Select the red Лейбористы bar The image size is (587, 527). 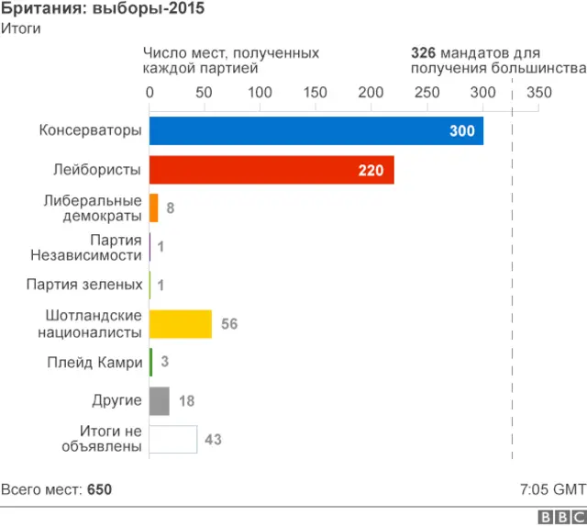(271, 170)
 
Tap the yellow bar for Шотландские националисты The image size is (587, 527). (180, 324)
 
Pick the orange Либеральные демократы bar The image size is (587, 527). (153, 208)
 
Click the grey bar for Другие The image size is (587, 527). (159, 401)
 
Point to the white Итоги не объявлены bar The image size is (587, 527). (172, 440)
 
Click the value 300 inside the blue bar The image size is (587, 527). (462, 131)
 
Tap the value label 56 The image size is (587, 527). (229, 324)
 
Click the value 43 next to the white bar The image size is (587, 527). (213, 440)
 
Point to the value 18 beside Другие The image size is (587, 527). (186, 401)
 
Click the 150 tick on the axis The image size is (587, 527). (316, 93)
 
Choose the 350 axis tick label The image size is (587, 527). (539, 93)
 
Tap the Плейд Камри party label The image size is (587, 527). (95, 363)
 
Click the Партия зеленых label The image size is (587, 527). (84, 286)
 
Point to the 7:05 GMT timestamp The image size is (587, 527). (552, 489)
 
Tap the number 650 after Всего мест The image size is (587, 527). (99, 489)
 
